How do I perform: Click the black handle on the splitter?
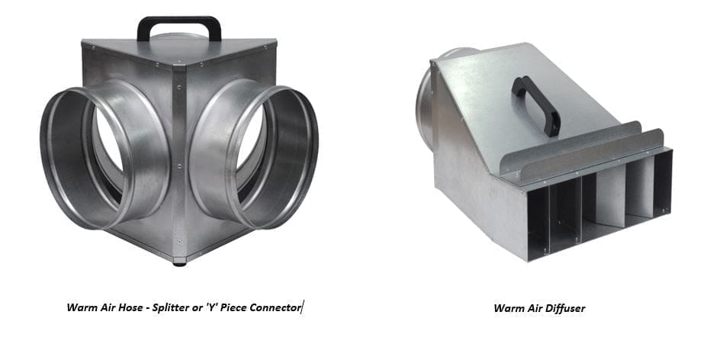tap(179, 21)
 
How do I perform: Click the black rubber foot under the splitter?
tap(180, 264)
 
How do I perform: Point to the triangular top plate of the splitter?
tap(179, 50)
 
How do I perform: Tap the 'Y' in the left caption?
tap(209, 307)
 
